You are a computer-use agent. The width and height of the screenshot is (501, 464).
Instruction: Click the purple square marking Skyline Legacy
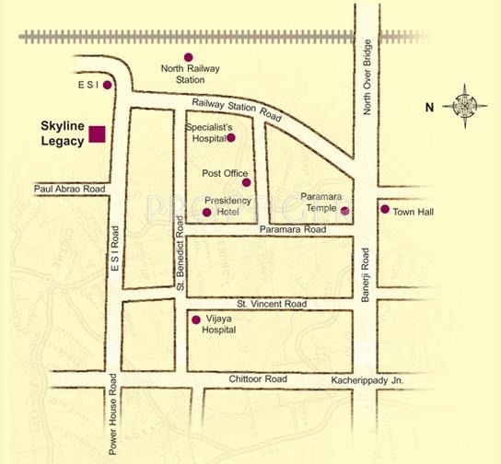(x=96, y=135)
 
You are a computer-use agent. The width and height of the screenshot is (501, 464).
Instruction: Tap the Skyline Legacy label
(x=62, y=133)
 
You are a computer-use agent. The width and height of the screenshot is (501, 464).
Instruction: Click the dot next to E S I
(x=108, y=85)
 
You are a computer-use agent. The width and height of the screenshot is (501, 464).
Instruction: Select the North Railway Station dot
(x=190, y=57)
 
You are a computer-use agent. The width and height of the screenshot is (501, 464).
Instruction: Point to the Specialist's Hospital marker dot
(x=231, y=138)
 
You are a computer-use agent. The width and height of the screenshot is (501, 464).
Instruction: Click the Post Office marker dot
(x=246, y=182)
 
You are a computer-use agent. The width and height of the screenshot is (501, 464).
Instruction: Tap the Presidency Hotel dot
(x=206, y=213)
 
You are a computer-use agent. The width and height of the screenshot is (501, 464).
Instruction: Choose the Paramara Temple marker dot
(x=345, y=211)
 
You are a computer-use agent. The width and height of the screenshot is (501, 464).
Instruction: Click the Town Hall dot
(x=384, y=209)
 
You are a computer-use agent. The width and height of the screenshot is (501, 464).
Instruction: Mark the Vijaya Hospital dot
(x=195, y=320)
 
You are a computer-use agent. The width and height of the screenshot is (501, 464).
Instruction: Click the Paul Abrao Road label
(x=69, y=189)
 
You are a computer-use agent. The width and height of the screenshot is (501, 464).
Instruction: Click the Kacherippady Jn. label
(x=367, y=380)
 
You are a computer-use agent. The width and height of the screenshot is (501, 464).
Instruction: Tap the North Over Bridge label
(x=367, y=78)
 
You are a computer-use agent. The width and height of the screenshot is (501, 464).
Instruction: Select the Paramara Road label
(x=293, y=229)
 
